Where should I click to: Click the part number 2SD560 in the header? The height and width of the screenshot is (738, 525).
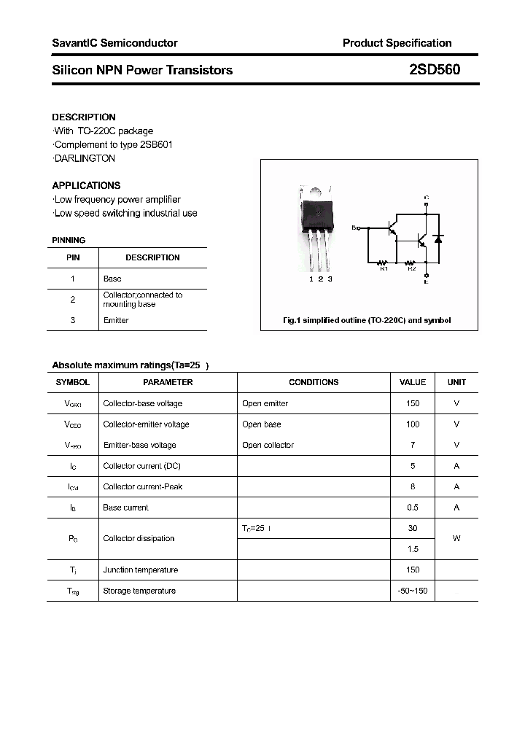click(435, 70)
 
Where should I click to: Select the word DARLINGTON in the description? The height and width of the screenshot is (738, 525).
click(85, 158)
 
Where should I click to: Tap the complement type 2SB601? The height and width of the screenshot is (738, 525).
click(155, 144)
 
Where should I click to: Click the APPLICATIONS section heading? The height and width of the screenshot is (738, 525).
click(86, 185)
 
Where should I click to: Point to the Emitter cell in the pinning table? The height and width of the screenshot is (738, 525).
click(116, 320)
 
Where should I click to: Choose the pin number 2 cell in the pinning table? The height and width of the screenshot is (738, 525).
click(73, 300)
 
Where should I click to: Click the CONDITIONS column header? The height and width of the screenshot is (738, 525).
click(314, 382)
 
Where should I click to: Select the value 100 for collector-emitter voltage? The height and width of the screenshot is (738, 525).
click(413, 424)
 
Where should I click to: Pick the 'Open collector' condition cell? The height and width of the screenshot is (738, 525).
click(268, 445)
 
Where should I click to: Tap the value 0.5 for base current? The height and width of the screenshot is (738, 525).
click(413, 508)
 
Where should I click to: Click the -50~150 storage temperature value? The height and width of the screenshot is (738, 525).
click(413, 591)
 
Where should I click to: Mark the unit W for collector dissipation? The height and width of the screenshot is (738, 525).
click(456, 538)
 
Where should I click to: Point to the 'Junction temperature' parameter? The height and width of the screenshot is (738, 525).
click(140, 570)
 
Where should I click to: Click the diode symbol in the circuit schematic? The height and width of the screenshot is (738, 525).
click(437, 238)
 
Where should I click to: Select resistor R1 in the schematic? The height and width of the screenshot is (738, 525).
click(383, 263)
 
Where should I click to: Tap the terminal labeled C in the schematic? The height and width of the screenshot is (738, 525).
click(427, 198)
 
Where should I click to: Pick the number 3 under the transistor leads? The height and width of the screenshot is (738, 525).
click(330, 279)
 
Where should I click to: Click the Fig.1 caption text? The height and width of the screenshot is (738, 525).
click(367, 320)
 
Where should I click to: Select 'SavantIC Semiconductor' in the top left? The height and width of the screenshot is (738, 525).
click(114, 43)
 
